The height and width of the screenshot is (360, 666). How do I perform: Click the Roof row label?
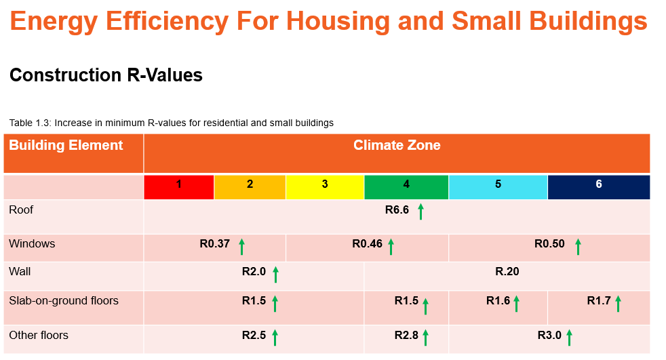pyautogui.click(x=21, y=210)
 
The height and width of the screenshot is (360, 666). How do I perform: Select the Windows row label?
pyautogui.click(x=32, y=244)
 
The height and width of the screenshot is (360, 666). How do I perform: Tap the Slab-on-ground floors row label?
pyautogui.click(x=64, y=301)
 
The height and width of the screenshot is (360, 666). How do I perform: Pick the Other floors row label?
pyautogui.click(x=39, y=336)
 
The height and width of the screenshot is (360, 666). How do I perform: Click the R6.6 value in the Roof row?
pyautogui.click(x=397, y=210)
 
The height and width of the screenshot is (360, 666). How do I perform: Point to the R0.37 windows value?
pyautogui.click(x=214, y=244)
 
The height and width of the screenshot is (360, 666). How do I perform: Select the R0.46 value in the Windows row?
pyautogui.click(x=367, y=244)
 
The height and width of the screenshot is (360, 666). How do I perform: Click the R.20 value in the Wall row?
pyautogui.click(x=507, y=272)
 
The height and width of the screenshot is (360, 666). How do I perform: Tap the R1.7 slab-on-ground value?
pyautogui.click(x=599, y=301)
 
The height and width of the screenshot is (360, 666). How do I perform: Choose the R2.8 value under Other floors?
pyautogui.click(x=406, y=336)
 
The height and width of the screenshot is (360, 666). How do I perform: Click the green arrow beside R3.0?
pyautogui.click(x=569, y=337)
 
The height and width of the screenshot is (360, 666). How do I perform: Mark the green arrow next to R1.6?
pyautogui.click(x=516, y=304)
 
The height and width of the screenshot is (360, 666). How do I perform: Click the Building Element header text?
pyautogui.click(x=66, y=146)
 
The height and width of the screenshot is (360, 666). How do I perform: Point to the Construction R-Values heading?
pyautogui.click(x=106, y=75)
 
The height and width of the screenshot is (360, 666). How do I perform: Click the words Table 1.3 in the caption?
pyautogui.click(x=29, y=123)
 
